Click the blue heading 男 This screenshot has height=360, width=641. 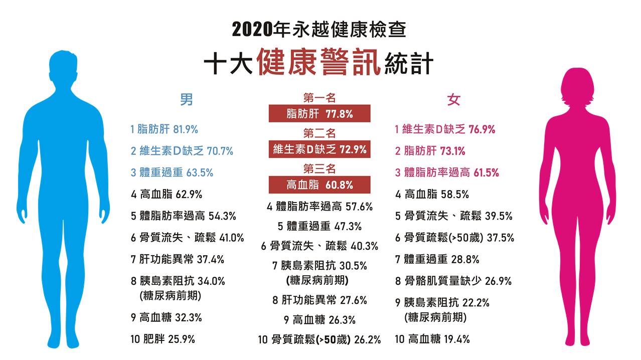coord(187,100)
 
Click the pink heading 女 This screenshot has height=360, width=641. coord(453,100)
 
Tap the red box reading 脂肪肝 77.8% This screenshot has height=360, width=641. coord(319,114)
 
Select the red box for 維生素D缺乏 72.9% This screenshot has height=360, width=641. coord(319,149)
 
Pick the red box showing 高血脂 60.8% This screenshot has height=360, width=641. coord(319,185)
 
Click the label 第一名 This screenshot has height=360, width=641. coord(319,98)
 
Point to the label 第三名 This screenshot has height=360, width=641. coord(319,168)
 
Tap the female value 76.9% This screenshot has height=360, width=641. coord(482,129)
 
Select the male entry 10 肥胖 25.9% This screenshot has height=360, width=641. coord(163,339)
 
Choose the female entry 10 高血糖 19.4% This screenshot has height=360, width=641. coord(432,339)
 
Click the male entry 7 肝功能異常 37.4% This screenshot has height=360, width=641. coord(178,259)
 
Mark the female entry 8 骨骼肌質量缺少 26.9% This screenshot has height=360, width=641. coord(453,281)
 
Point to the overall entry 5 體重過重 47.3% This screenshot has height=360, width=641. coord(319,227)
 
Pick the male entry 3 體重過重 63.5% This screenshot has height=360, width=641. coord(172,172)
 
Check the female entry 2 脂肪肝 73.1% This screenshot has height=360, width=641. coord(430,151)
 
